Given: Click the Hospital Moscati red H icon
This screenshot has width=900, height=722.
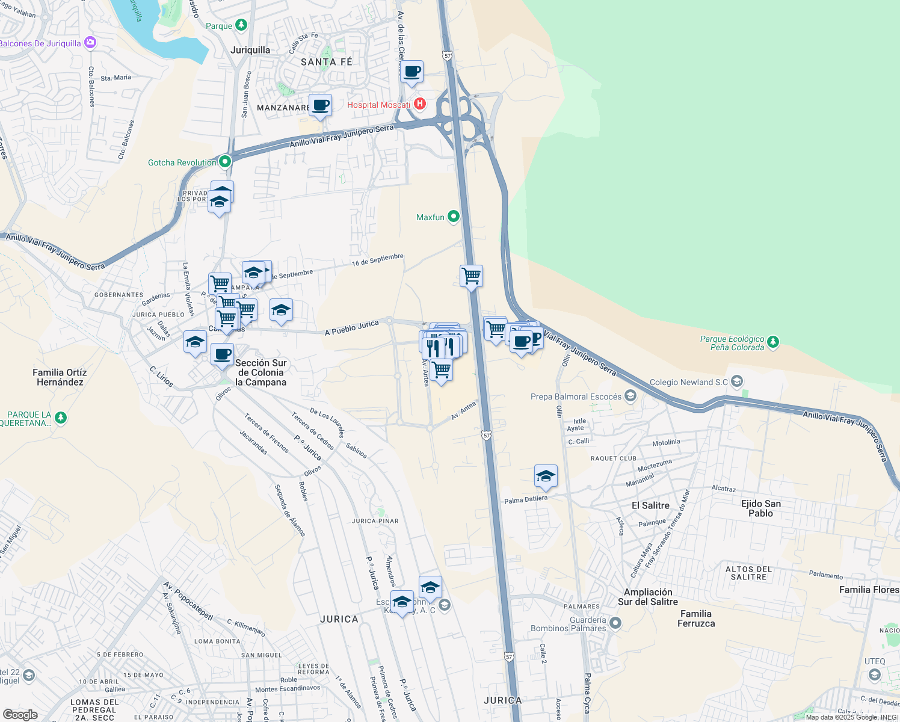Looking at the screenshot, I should [420, 104].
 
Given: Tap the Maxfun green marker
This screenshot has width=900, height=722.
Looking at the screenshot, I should [454, 217].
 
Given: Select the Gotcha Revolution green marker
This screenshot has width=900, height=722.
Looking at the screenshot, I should [224, 161].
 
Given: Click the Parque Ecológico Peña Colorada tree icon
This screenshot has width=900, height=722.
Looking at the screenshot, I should [773, 342].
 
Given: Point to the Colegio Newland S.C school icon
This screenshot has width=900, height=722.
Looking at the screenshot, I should [738, 381].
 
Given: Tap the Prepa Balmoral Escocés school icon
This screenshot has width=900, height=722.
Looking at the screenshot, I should [630, 396].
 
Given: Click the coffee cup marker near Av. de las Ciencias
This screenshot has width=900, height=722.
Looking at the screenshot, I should [412, 72].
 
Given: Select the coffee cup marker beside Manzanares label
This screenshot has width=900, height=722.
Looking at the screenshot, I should [320, 105].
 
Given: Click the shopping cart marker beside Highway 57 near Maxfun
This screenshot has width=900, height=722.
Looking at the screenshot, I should [472, 276].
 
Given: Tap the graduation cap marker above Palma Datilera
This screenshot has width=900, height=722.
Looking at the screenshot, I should [546, 476].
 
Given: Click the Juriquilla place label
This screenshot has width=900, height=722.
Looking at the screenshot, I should [250, 50].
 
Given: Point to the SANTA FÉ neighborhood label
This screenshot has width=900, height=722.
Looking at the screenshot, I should [326, 62].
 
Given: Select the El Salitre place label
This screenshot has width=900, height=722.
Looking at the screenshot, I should [650, 505].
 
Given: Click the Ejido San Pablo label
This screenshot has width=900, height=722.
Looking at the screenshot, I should [760, 508].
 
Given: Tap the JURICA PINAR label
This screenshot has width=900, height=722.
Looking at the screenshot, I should [375, 521].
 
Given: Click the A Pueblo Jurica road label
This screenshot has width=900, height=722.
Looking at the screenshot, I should [352, 328].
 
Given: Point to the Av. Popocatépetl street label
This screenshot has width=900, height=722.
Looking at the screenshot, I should [188, 600].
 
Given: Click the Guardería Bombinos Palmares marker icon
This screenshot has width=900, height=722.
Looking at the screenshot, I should [615, 623].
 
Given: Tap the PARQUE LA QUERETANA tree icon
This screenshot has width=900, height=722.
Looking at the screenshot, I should [60, 418].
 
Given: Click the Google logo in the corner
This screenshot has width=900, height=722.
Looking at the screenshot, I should [20, 714].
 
